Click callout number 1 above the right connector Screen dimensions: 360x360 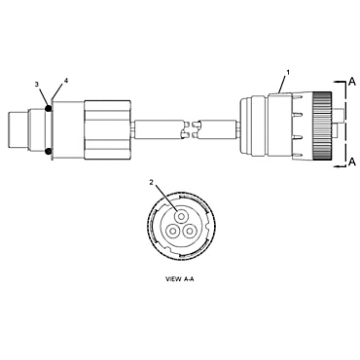[x=288, y=74]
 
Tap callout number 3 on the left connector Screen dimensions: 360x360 [x=37, y=86]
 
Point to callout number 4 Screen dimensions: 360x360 [x=65, y=81]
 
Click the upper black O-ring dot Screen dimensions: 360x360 [x=48, y=109]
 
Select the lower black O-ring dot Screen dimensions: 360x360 [x=48, y=151]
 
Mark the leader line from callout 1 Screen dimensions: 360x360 [x=282, y=84]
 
